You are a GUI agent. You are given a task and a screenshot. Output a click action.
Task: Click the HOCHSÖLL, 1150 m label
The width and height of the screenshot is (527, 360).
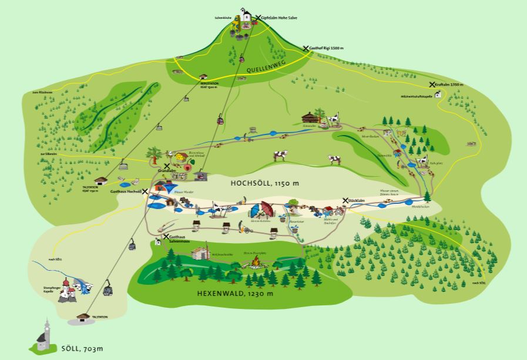tap(264, 183)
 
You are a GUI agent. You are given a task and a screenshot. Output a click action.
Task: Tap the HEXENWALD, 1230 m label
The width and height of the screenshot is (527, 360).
tap(235, 292)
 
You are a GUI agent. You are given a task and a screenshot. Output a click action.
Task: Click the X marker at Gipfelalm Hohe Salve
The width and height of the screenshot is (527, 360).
tap(257, 18)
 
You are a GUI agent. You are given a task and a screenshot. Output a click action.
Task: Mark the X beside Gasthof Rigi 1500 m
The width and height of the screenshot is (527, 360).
tap(306, 48)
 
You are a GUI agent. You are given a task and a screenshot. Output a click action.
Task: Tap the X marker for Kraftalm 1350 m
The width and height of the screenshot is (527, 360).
tap(432, 85)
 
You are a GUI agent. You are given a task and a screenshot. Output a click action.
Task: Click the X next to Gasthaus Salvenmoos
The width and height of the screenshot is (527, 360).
tap(166, 236)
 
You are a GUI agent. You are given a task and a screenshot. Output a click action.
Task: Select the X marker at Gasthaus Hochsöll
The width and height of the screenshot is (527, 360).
tap(145, 191)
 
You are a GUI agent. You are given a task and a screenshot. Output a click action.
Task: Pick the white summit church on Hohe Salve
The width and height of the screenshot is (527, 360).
tap(245, 15)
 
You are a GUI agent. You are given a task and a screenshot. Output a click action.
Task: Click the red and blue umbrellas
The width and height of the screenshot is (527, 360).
tap(262, 210)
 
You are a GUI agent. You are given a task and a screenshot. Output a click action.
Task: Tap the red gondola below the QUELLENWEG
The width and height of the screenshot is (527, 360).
tap(241, 59)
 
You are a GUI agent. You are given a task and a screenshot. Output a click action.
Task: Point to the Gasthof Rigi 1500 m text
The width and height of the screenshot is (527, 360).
tap(327, 48)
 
